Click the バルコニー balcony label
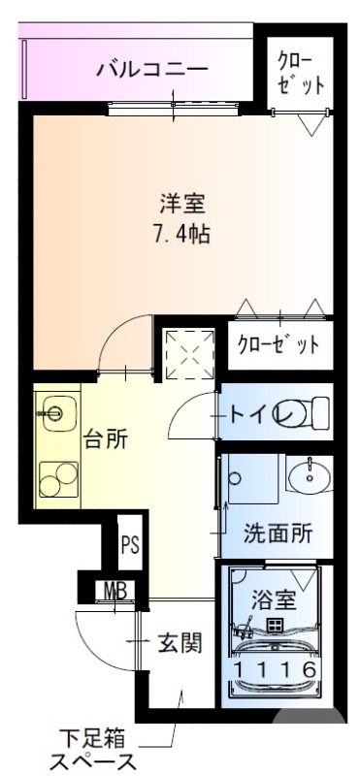tap(152, 69)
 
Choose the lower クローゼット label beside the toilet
tap(278, 343)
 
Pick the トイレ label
tap(255, 415)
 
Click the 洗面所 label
tap(277, 533)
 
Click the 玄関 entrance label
tap(179, 642)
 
